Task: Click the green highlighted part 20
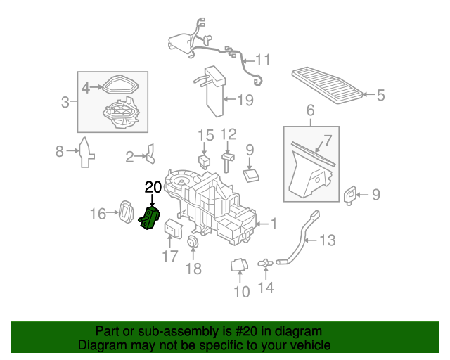(151, 219)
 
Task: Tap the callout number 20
(153, 186)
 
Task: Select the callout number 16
(98, 213)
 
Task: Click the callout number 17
(170, 257)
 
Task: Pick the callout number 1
(274, 224)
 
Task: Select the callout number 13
(328, 241)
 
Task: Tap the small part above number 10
(238, 265)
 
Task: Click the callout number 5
(380, 95)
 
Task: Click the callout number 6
(310, 111)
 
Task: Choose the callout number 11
(262, 59)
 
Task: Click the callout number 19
(244, 100)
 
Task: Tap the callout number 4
(86, 88)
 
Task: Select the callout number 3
(65, 103)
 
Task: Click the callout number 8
(60, 150)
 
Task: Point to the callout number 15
(205, 134)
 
